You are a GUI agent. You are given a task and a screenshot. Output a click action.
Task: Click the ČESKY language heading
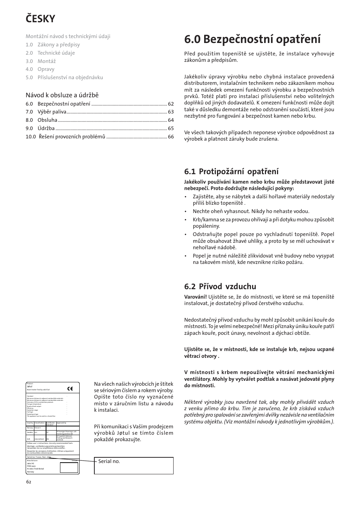(x=41, y=18)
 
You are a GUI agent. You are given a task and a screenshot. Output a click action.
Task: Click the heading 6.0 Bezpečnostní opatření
(x=252, y=39)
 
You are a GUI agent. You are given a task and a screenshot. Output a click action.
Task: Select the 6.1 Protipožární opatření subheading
(x=231, y=172)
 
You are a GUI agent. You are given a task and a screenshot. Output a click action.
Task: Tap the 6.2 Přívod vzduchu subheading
(x=220, y=286)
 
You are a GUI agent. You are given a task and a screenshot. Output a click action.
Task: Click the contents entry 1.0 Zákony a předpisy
(x=53, y=44)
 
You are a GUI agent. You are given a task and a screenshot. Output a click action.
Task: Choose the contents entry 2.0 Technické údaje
(x=50, y=53)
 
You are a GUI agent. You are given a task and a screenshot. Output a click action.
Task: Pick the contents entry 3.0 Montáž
(x=41, y=61)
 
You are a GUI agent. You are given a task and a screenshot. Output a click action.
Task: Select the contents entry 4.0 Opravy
(x=40, y=69)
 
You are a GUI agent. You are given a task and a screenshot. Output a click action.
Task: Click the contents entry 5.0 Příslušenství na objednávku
(x=64, y=77)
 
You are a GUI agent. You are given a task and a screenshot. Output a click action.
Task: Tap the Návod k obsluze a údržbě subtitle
(x=62, y=95)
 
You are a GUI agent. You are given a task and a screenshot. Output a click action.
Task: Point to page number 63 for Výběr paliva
(x=171, y=112)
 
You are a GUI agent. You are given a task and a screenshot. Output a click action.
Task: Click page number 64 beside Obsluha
(x=171, y=120)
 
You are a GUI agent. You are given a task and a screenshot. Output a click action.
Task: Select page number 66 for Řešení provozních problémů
(x=171, y=136)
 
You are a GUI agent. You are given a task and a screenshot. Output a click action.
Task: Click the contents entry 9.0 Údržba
(x=40, y=128)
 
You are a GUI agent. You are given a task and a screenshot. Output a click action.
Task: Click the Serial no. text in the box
(x=109, y=461)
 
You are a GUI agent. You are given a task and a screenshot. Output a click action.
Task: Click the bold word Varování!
(x=195, y=297)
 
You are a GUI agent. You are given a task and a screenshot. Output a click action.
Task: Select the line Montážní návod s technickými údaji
(x=68, y=36)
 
